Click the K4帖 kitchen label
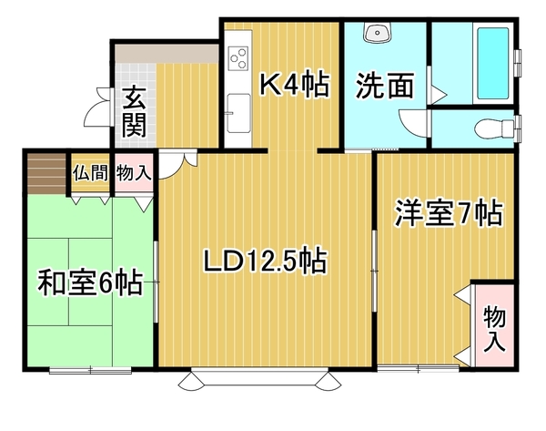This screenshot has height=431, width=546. [295, 85]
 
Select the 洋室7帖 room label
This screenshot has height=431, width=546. [449, 212]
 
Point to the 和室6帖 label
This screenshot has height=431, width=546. [91, 282]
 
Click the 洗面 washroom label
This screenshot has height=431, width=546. [385, 85]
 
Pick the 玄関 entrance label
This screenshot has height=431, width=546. [134, 111]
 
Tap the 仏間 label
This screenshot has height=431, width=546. [90, 172]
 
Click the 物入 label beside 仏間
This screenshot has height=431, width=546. [134, 172]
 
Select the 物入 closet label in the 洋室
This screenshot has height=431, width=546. [494, 328]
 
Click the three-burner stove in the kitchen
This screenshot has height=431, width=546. [238, 58]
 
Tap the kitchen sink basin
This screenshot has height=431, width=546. [238, 113]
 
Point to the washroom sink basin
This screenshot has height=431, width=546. [378, 32]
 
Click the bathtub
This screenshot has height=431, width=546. [492, 64]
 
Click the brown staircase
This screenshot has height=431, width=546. [47, 173]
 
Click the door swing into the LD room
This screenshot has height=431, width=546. [177, 163]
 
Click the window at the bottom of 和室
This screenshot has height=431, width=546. [90, 370]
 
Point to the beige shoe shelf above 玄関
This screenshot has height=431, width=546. [167, 54]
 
